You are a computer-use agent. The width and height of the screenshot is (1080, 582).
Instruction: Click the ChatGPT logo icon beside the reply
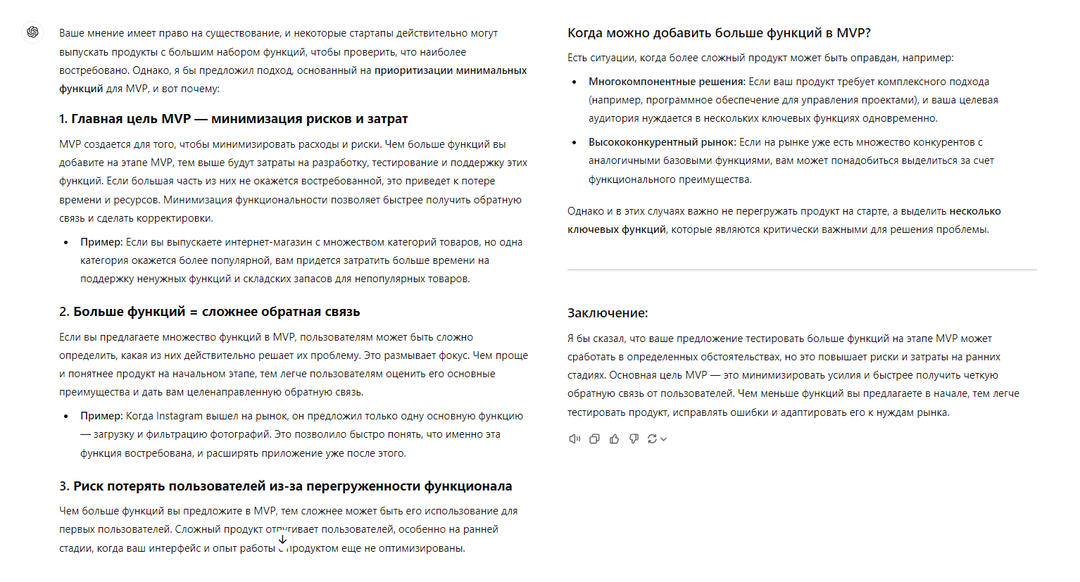(32, 32)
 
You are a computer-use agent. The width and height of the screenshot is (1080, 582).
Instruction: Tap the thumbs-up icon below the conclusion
(614, 439)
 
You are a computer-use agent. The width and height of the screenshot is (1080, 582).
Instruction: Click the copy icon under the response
(594, 439)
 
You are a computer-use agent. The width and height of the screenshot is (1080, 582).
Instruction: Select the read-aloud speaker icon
(574, 439)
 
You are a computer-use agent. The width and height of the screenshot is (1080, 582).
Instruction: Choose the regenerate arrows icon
(653, 439)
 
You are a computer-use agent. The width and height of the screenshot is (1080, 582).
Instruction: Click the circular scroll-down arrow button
(282, 540)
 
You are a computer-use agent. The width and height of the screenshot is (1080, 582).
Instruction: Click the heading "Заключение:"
(608, 313)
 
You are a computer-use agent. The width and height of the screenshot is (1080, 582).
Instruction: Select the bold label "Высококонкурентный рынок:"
(662, 142)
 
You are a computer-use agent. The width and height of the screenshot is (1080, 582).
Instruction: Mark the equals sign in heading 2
(194, 312)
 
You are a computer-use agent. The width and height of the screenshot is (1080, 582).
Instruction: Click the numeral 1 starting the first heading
(63, 119)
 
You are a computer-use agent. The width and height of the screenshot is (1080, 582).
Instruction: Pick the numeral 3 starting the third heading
(63, 486)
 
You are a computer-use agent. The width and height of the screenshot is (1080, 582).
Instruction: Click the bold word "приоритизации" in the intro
(413, 70)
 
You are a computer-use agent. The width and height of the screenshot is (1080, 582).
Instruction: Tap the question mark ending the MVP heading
(867, 33)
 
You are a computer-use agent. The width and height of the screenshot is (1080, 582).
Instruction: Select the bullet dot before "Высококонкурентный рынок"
(574, 142)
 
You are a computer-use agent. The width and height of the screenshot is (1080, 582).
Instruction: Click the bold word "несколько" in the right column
(975, 211)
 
